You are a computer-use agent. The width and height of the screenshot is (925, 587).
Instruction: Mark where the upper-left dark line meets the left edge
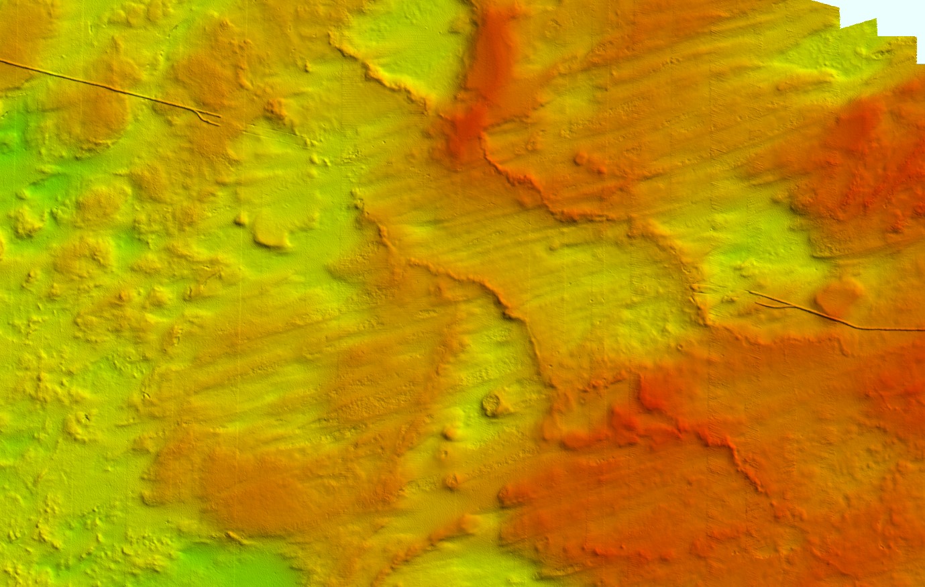click(x=1, y=60)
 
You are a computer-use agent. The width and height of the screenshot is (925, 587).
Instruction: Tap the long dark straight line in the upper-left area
click(x=101, y=86)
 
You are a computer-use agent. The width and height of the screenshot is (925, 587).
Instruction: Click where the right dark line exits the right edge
click(x=923, y=329)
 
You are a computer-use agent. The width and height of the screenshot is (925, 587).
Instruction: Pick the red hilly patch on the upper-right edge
click(x=865, y=154)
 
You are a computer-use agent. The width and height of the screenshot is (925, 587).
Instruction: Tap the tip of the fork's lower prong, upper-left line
click(x=218, y=124)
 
